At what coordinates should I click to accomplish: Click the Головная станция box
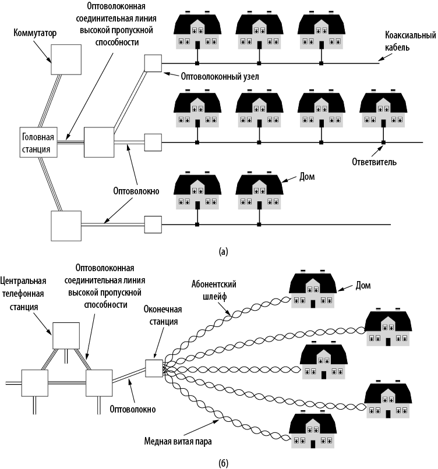pyautogui.click(x=38, y=141)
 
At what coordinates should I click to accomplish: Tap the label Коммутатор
pyautogui.click(x=36, y=33)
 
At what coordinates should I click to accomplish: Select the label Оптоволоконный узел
pyautogui.click(x=212, y=76)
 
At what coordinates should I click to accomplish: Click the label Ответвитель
pyautogui.click(x=375, y=162)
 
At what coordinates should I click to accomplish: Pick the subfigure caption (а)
pyautogui.click(x=222, y=251)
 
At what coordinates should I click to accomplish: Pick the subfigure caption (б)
pyautogui.click(x=224, y=463)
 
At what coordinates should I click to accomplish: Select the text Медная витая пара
pyautogui.click(x=178, y=440)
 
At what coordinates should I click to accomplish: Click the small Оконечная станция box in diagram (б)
pyautogui.click(x=154, y=368)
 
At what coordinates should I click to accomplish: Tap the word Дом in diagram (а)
pyautogui.click(x=306, y=175)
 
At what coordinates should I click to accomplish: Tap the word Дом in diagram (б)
pyautogui.click(x=363, y=285)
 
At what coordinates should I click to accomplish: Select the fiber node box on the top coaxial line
pyautogui.click(x=153, y=62)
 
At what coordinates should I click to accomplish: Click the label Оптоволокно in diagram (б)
pyautogui.click(x=133, y=409)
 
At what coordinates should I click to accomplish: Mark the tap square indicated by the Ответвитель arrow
pyautogui.click(x=383, y=143)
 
